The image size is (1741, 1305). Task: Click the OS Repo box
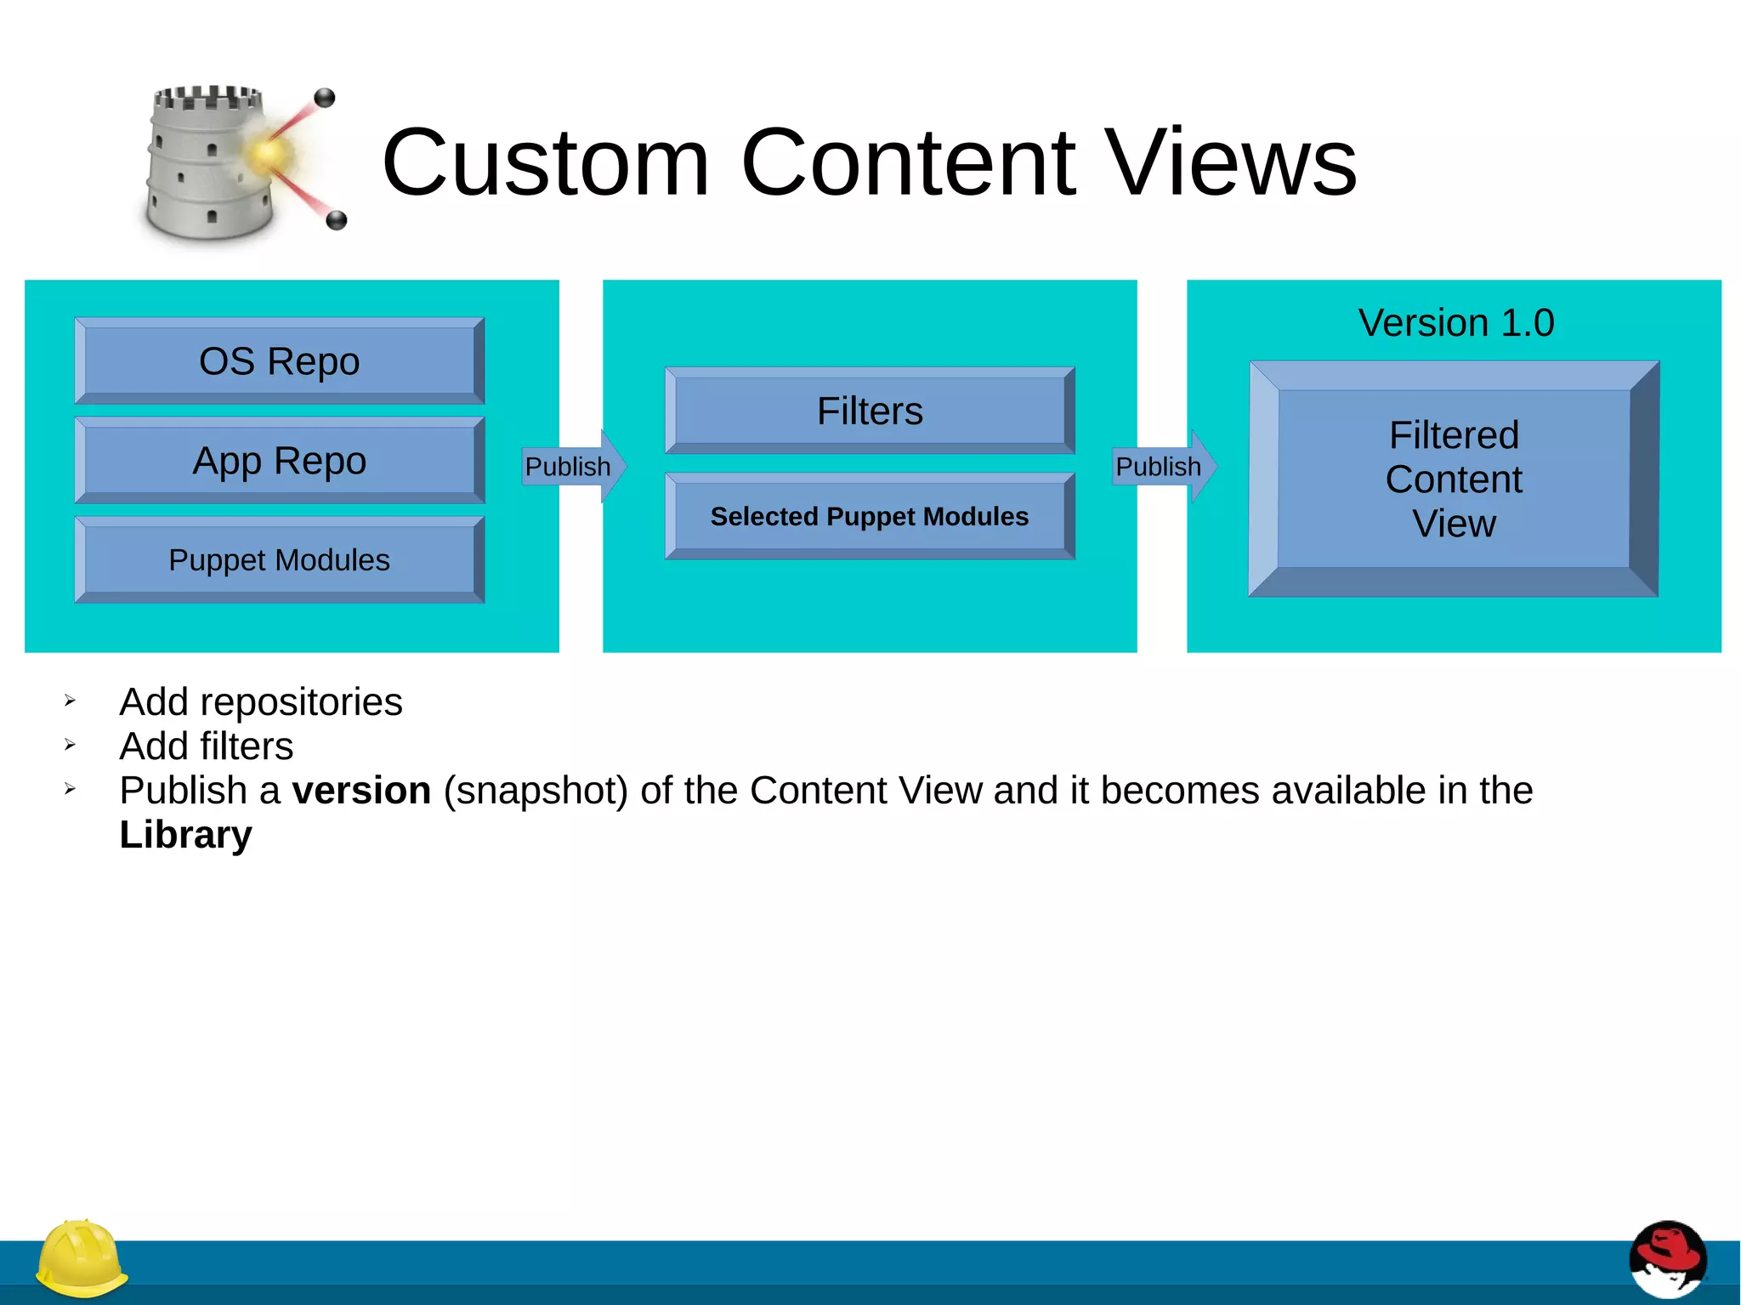pos(279,361)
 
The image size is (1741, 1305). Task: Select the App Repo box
pos(279,461)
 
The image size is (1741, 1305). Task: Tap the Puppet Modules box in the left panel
pos(279,560)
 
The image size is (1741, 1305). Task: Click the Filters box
pos(870,411)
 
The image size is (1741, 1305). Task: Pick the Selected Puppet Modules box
pos(870,516)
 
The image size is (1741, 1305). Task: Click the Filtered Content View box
pos(1454,479)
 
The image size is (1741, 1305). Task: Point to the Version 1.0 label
pos(1455,323)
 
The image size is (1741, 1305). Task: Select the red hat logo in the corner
pos(1667,1260)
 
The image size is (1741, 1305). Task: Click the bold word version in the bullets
pos(361,791)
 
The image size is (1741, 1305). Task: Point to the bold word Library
pos(185,835)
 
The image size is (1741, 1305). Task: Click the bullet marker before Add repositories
pos(70,701)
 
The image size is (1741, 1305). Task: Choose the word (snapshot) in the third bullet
pos(536,791)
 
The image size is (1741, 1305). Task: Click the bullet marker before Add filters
pos(70,746)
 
